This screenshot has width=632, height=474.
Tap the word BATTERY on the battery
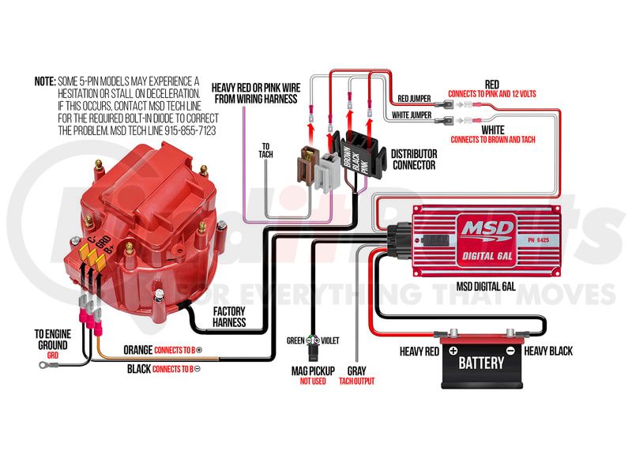(x=480, y=363)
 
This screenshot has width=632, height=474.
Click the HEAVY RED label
(x=419, y=351)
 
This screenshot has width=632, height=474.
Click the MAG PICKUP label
(x=312, y=371)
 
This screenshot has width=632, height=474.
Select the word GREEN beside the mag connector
(x=295, y=340)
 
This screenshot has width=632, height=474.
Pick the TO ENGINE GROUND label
(x=54, y=340)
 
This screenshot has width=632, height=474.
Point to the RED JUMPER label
(x=413, y=99)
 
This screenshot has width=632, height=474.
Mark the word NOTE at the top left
(x=43, y=81)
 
